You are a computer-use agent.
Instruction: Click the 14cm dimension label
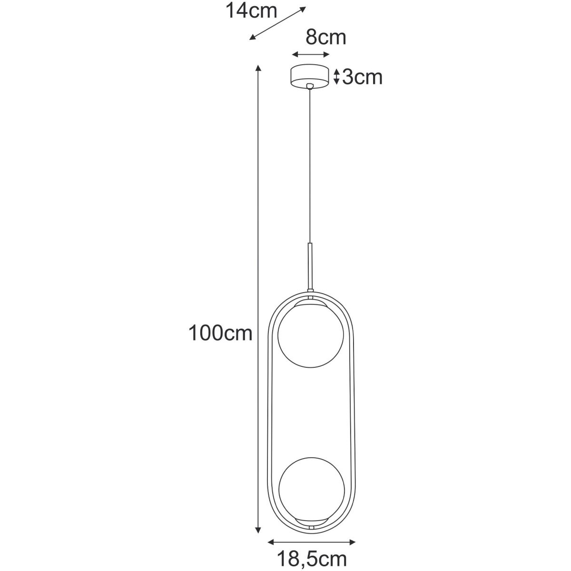coord(251,11)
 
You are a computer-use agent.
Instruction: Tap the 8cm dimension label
coord(325,38)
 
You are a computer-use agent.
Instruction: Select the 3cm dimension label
coord(362,78)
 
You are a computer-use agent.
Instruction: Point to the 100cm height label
coord(220,333)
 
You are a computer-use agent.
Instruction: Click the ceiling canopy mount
coord(310,76)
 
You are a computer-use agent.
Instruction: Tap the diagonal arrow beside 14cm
coord(277,23)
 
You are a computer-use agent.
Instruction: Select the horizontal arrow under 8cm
coord(311,55)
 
